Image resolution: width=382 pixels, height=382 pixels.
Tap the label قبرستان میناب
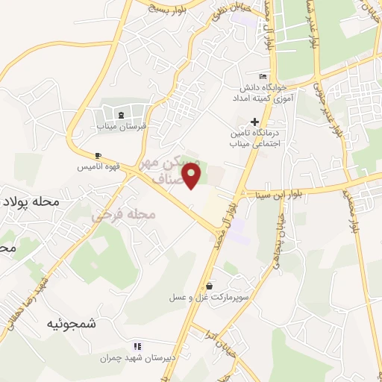pos(121,127)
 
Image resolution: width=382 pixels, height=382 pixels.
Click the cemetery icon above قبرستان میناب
pos(121,114)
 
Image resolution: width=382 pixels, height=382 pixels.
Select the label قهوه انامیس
pos(96,168)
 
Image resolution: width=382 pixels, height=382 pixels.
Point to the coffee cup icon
pos(97,156)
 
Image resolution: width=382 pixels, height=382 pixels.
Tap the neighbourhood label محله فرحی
pos(123,215)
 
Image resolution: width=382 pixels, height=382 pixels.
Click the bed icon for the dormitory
pos(262,76)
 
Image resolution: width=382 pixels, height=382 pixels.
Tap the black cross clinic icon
pos(255,122)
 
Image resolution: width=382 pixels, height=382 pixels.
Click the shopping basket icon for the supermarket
pos(210,285)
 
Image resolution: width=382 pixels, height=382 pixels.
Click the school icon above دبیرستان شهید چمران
pos(137,346)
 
